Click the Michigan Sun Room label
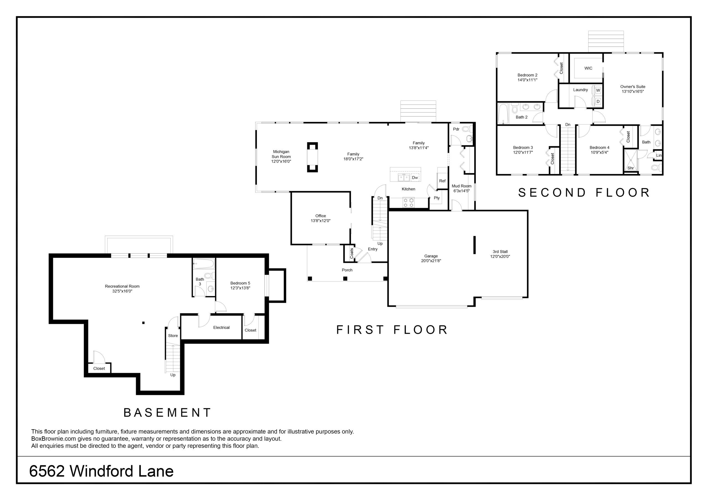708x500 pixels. pos(281,157)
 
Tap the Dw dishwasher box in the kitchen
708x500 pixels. pos(415,178)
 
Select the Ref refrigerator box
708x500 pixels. pos(442,181)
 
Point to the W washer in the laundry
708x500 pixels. pos(598,90)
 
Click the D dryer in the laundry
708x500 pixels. pos(598,101)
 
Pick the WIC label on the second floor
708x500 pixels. pos(588,68)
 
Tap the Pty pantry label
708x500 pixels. pos(437,198)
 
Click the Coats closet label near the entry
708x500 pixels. pos(352,253)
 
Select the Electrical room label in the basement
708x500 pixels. pos(222,327)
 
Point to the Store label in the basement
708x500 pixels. pos(173,335)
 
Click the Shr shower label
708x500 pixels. pos(631,168)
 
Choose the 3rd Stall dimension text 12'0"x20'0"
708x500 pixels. pos(500,256)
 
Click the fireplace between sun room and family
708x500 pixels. pos(312,157)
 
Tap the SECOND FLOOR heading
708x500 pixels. pos(584,193)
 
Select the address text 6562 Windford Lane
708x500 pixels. pos(101,471)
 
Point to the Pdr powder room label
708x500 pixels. pos(456,129)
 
